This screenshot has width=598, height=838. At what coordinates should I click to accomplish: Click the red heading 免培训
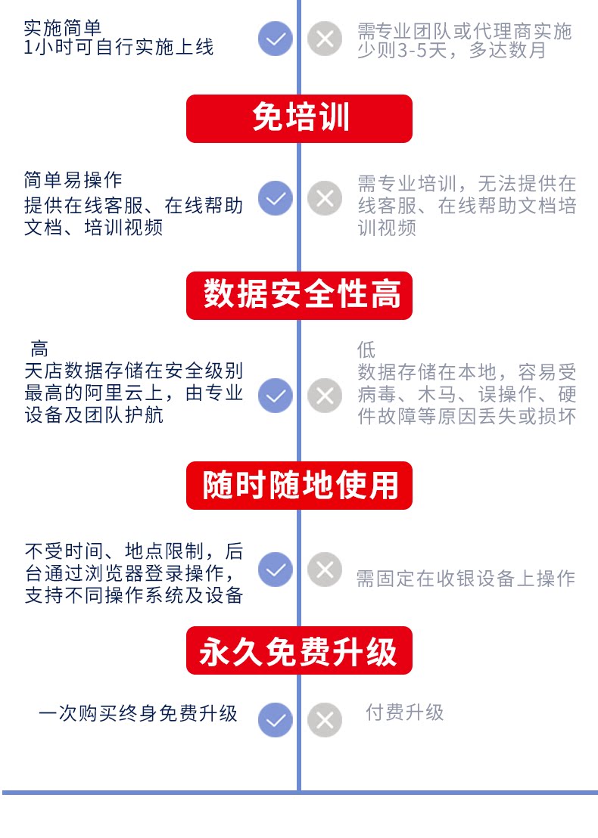point(299,119)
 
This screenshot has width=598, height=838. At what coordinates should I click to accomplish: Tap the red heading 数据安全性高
point(299,295)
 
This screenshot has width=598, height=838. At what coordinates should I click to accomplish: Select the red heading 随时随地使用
point(299,485)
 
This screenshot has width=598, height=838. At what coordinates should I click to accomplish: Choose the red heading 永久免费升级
point(299,650)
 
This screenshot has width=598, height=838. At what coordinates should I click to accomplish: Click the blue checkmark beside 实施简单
point(276,39)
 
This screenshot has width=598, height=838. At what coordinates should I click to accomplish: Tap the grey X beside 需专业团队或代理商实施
point(325,39)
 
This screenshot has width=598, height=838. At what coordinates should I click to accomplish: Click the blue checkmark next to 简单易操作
point(276,198)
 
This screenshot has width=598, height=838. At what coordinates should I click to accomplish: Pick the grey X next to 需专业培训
point(325,198)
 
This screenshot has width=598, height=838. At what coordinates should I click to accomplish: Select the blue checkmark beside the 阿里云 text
point(276,396)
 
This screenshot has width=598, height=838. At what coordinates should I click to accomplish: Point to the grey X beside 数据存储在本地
point(325,396)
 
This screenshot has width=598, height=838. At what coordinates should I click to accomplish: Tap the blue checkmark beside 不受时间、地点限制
point(276,570)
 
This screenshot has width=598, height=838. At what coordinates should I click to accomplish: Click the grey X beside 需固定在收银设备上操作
point(325,570)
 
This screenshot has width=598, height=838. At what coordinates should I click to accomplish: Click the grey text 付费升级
point(405,712)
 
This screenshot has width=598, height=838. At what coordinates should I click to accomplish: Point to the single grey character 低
point(366,350)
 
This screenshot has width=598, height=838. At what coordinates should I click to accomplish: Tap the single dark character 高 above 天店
point(39,349)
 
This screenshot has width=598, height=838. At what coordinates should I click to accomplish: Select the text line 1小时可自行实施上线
point(119,48)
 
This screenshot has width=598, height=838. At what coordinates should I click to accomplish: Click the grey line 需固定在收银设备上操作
point(466,579)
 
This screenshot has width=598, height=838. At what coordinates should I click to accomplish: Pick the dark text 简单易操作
point(73,180)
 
